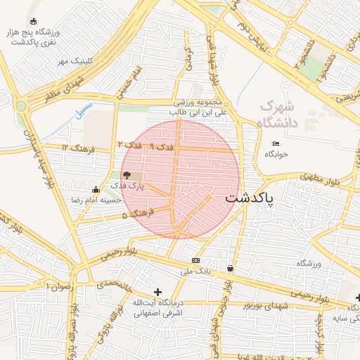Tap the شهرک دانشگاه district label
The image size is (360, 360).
tap(278, 115)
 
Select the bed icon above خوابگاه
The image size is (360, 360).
tap(276, 144)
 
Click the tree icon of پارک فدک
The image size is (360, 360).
tap(127, 174)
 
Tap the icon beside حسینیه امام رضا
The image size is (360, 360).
tap(96, 188)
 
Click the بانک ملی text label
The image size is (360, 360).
tap(196, 271)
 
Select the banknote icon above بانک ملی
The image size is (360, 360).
tap(196, 260)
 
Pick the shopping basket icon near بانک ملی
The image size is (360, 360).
tap(231, 268)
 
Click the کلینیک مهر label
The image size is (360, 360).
tap(76, 61)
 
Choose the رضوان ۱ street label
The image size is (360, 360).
tap(58, 286)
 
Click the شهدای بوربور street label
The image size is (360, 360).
tap(266, 305)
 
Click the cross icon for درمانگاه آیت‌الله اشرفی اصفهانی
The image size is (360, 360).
tap(157, 292)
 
